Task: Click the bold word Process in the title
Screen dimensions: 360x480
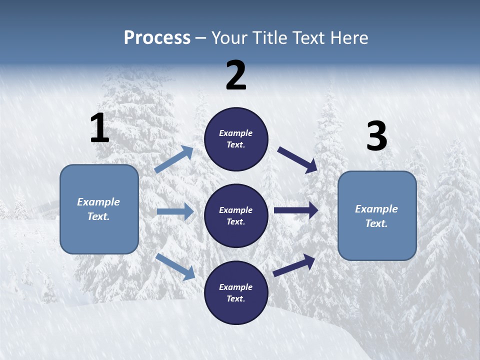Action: pos(157,37)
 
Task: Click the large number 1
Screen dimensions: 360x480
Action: pos(99,128)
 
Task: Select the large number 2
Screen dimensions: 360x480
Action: pos(236,75)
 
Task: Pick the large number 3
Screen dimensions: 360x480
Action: pos(376,136)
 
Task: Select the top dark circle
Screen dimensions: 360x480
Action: pos(236,139)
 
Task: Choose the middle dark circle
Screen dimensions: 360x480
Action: pos(236,215)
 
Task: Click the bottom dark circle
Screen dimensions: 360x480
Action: pos(236,292)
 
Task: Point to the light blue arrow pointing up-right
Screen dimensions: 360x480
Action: pos(174,159)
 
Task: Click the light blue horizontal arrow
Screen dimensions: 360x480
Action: pos(175,211)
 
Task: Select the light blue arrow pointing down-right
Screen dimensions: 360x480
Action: pos(175,266)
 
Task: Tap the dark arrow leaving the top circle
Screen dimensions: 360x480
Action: pos(297,159)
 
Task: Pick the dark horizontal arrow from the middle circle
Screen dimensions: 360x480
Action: pos(296,210)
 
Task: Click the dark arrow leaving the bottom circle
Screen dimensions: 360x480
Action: pos(294,265)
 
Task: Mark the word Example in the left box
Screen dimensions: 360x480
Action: pos(98,202)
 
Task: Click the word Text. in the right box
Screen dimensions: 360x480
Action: pos(376,223)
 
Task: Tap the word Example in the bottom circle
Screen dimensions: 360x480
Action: pos(236,287)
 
